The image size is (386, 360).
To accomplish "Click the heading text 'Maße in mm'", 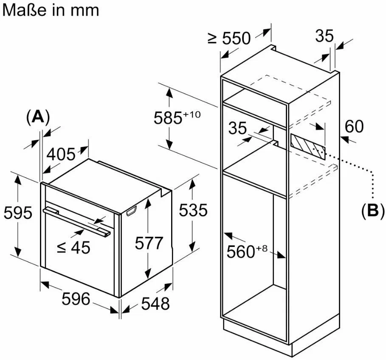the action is click(51, 10).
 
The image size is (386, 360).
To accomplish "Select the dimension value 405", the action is click(61, 154).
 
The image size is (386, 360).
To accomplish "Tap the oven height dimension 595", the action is click(18, 213).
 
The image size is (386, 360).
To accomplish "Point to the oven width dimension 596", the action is click(76, 299).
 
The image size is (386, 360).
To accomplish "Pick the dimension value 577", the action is click(149, 243).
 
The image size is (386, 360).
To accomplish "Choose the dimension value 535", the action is click(193, 210).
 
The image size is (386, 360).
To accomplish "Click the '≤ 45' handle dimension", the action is click(73, 247).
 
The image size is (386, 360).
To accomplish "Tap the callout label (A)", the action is click(38, 117).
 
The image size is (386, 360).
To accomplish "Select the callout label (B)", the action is click(373, 211).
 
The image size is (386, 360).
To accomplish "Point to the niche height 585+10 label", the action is click(177, 117).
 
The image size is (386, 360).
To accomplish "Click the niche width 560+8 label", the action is click(247, 251).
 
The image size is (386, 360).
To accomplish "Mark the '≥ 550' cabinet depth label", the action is click(229, 38).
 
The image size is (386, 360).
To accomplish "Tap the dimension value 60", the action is click(354, 126).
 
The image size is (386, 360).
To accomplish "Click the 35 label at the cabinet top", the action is click(324, 36).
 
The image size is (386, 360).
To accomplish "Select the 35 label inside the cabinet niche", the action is click(237, 128).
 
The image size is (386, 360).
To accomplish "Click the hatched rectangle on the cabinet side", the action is click(308, 147).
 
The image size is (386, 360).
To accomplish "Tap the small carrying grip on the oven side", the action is click(131, 211).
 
